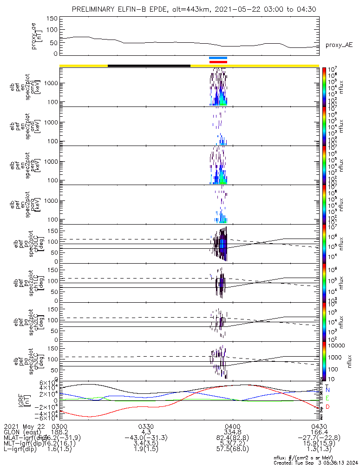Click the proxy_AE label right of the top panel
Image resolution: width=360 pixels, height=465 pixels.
pyautogui.click(x=339, y=45)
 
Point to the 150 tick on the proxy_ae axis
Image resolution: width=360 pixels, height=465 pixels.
pyautogui.click(x=52, y=18)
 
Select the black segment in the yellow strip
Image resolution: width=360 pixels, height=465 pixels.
pyautogui.click(x=149, y=66)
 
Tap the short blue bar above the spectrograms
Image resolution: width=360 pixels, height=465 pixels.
pyautogui.click(x=218, y=58)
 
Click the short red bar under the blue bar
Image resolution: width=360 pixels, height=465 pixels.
pyautogui.click(x=218, y=62)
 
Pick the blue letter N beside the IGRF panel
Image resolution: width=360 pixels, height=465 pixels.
pyautogui.click(x=327, y=390)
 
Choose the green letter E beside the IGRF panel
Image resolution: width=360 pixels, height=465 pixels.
pyautogui.click(x=327, y=399)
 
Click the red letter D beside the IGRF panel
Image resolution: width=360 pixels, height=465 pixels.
pyautogui.click(x=327, y=407)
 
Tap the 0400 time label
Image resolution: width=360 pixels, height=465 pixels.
pyautogui.click(x=232, y=426)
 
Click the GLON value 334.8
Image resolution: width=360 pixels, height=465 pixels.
pyautogui.click(x=232, y=432)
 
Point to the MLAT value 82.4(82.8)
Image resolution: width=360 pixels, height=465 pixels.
pyautogui.click(x=232, y=438)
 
